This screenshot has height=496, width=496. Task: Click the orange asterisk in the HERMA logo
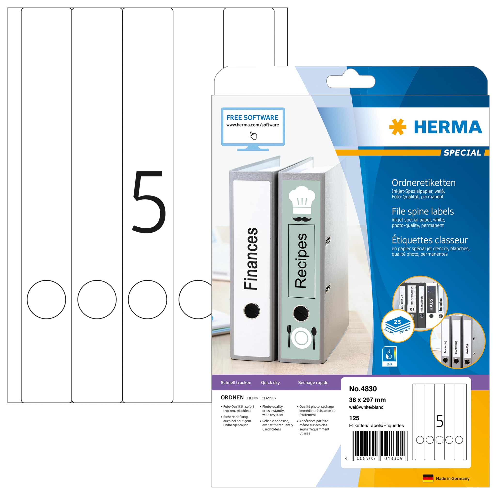tap(397, 127)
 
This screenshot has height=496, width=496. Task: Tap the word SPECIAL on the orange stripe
tap(462, 153)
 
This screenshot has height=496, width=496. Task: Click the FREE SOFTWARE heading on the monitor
tap(252, 117)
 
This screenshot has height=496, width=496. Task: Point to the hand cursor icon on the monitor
tap(253, 136)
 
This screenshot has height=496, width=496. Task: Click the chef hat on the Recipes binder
tap(302, 200)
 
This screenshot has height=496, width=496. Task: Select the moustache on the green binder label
tap(302, 219)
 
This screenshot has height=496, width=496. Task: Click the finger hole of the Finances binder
tap(252, 311)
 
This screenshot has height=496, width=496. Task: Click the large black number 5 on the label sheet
tap(149, 202)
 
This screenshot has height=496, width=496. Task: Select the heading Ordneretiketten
tap(423, 183)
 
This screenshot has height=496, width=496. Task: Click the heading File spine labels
tap(423, 211)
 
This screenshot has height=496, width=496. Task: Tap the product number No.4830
tap(363, 389)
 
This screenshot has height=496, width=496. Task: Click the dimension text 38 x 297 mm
tap(367, 400)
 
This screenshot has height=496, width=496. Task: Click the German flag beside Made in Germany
tap(428, 478)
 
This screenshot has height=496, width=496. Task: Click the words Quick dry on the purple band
tap(270, 382)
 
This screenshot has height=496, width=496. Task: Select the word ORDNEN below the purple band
tap(232, 397)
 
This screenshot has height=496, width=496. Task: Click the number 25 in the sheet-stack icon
tap(397, 322)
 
